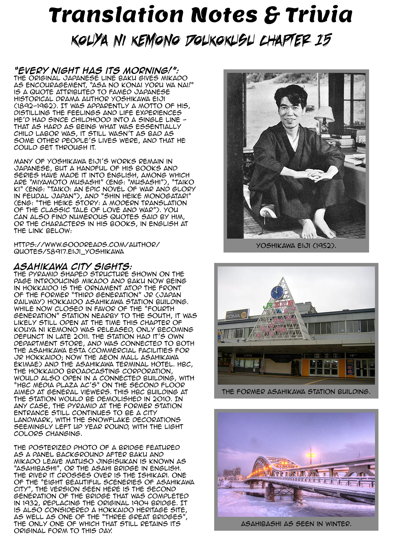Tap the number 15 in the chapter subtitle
(321, 41)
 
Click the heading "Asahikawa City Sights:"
(72, 266)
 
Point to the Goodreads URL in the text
(87, 248)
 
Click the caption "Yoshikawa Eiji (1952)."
(296, 246)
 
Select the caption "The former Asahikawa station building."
(296, 392)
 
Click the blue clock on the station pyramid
(277, 291)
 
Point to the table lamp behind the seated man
(325, 115)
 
